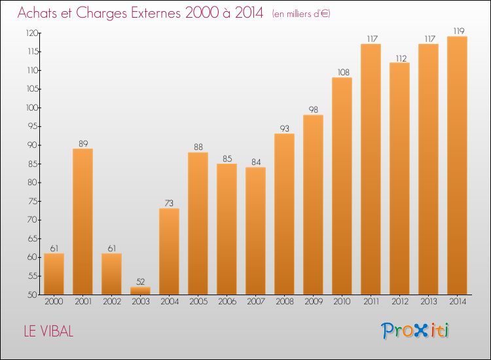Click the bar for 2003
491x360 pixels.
[140, 291]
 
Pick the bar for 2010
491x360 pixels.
[342, 186]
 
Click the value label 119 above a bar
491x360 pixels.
[457, 31]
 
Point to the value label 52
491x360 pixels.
[140, 281]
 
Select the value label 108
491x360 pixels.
[342, 72]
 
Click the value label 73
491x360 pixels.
[169, 203]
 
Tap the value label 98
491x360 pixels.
[313, 109]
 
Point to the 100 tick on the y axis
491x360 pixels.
[31, 107]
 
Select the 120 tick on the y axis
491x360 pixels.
[31, 33]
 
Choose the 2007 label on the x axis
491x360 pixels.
[255, 302]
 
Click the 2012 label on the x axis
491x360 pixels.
[399, 302]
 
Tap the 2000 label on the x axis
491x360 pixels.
[54, 302]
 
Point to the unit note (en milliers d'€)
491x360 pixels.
[301, 14]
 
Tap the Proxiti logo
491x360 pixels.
[415, 331]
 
